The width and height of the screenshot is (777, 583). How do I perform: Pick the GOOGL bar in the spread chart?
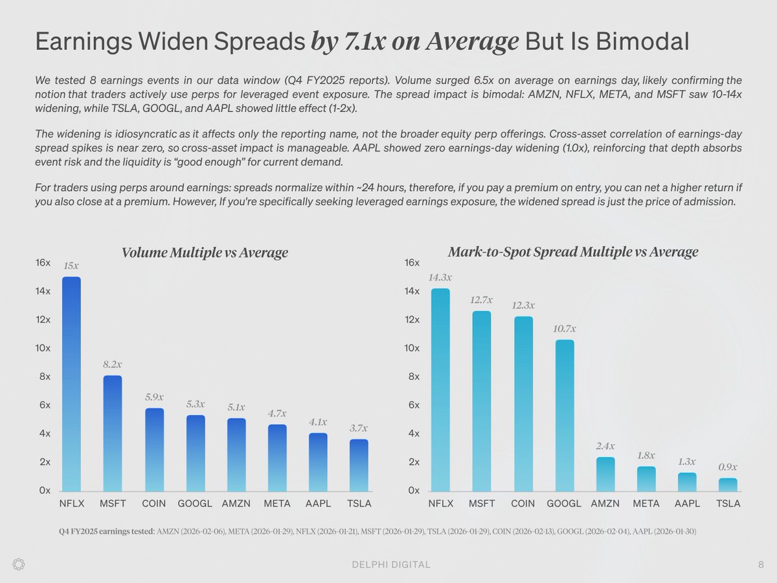(x=564, y=415)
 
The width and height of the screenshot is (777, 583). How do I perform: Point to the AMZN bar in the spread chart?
(x=605, y=474)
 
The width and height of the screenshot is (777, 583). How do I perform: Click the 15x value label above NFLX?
(x=71, y=266)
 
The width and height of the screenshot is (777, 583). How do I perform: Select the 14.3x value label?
(x=440, y=277)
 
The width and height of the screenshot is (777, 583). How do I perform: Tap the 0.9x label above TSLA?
(x=728, y=467)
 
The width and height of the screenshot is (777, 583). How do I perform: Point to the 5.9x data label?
(x=154, y=397)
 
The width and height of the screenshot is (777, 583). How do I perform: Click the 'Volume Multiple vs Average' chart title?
(x=205, y=253)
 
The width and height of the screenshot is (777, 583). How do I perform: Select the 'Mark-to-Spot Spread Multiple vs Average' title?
(x=573, y=252)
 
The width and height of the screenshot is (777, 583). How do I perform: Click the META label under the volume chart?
(x=276, y=503)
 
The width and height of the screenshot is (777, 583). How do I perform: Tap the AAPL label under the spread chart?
(x=687, y=503)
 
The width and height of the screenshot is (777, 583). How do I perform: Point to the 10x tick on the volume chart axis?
(x=44, y=349)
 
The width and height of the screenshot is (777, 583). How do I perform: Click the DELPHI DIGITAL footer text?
(x=387, y=565)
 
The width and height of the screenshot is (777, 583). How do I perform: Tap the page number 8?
(x=761, y=565)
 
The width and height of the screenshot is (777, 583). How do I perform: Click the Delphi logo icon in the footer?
(x=19, y=564)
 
